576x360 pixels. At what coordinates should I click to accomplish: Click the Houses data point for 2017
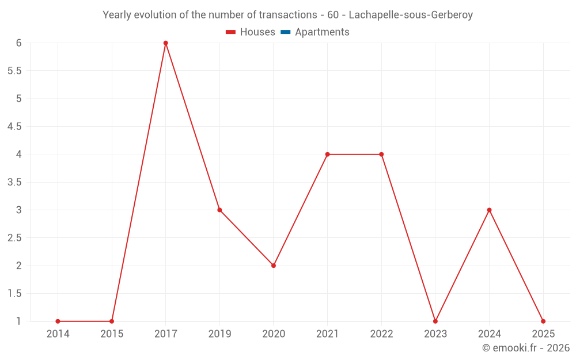[x=165, y=43]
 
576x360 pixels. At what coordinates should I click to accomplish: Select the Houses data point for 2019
[x=219, y=210]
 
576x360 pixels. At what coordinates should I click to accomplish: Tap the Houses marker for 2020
[x=274, y=266]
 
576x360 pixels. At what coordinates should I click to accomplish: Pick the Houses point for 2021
[x=327, y=154]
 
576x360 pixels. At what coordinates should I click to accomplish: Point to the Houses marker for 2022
[x=381, y=154]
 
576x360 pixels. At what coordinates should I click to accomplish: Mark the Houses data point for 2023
[x=435, y=321]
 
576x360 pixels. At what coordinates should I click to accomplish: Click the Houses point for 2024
[x=489, y=210]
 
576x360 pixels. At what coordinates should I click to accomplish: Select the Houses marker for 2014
[x=58, y=321]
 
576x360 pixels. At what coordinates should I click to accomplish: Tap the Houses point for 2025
[x=543, y=321]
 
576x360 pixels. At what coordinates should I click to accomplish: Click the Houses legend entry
[x=251, y=32]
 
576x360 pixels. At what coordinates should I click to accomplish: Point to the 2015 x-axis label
[x=112, y=334]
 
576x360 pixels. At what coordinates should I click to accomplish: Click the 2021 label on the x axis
[x=327, y=334]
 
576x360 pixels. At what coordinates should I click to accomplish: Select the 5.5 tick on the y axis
[x=14, y=71]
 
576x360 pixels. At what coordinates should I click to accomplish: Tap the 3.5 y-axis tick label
[x=14, y=182]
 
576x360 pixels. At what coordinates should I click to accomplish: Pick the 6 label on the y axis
[x=19, y=43]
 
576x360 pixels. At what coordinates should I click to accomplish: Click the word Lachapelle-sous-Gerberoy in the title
[x=411, y=15]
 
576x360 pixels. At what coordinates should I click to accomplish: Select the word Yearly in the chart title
[x=117, y=15]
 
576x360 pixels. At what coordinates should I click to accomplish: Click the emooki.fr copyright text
[x=526, y=348]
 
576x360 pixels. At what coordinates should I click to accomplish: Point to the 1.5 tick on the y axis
[x=14, y=293]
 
